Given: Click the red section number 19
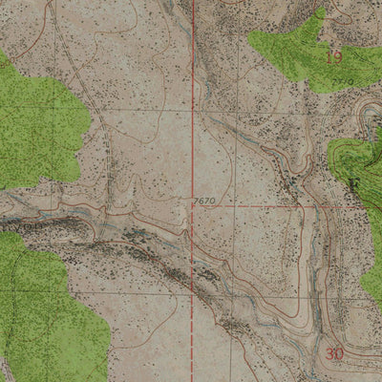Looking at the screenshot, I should click(x=333, y=57).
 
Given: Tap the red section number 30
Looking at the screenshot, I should click(x=333, y=353).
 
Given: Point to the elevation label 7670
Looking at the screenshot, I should click(x=202, y=201).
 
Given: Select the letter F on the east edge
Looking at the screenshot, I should click(x=354, y=180).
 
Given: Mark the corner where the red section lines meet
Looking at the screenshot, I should click(x=192, y=205).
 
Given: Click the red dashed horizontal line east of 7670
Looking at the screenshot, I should click(x=267, y=205).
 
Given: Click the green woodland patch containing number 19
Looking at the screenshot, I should click(x=296, y=48).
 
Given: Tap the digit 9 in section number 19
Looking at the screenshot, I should click(x=337, y=57).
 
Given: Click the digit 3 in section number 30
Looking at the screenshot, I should click(x=329, y=353).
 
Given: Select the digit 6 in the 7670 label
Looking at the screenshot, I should click(x=200, y=201).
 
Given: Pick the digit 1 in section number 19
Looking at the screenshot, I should click(x=329, y=57).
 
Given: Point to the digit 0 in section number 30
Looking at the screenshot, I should click(x=338, y=353).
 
